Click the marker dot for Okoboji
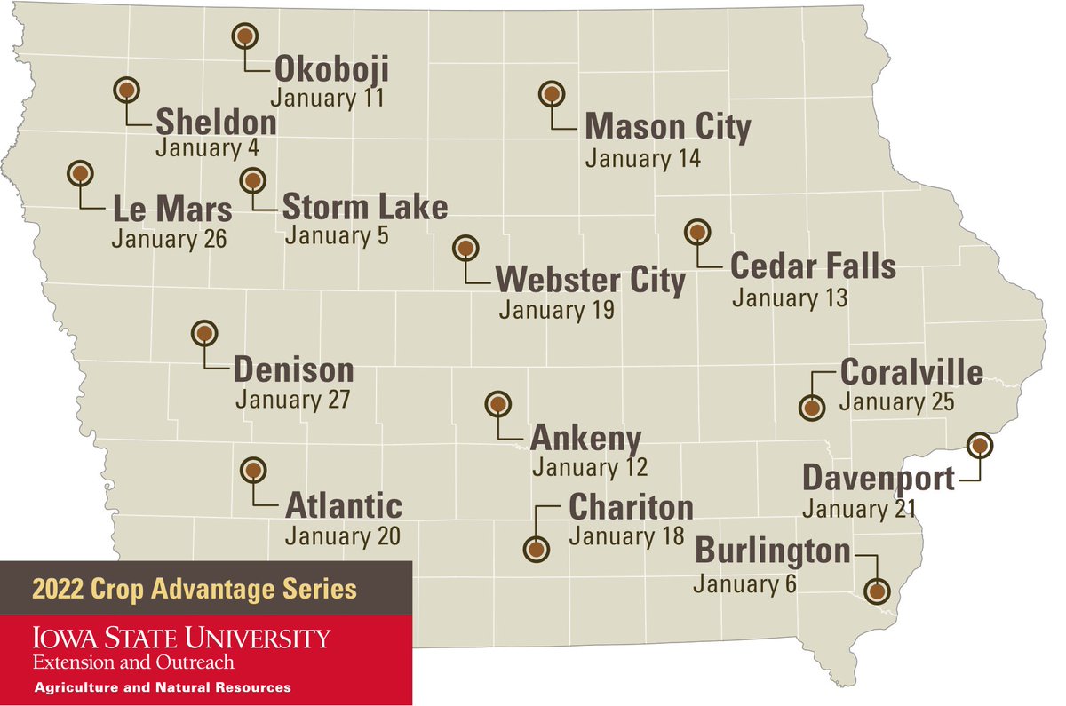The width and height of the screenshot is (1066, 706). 244,36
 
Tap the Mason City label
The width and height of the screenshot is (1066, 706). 667,127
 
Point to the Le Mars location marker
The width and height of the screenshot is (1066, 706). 81,173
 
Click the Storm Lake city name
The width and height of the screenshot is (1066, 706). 364,208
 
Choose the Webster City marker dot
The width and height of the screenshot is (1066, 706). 465,249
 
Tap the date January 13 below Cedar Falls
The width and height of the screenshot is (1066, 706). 790,297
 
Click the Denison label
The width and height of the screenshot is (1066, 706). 293,369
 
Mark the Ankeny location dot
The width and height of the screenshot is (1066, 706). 497,405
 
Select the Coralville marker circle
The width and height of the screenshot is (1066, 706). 812,409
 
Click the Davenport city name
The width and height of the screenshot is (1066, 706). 879,479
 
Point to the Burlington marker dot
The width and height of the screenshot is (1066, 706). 877,591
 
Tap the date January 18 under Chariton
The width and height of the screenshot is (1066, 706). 626,536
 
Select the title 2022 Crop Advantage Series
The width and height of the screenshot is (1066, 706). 195,589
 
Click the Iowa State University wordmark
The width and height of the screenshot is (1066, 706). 181,638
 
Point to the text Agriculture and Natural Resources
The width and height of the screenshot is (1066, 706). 162,688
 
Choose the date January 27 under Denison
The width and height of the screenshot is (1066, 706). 292,400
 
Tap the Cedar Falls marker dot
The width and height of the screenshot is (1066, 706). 697,232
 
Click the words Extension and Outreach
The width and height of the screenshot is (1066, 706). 133,662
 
